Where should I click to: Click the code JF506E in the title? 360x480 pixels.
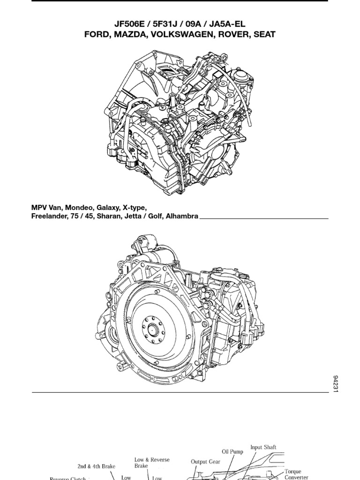(130, 24)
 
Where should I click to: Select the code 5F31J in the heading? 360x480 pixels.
(166, 24)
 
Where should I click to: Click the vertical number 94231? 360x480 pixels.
(335, 383)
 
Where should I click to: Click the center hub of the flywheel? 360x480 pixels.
(152, 330)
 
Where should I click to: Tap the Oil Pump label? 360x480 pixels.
(232, 452)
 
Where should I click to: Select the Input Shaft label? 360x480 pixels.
(263, 447)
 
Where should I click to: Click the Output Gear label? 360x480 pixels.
(205, 462)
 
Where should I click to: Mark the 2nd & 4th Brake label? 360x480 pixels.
(97, 466)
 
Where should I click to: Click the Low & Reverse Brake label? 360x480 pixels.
(152, 463)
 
